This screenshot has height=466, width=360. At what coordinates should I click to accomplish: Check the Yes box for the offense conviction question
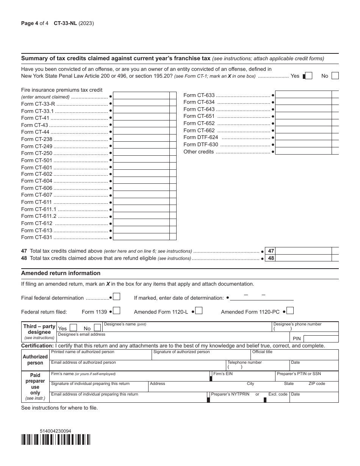coord(308,76)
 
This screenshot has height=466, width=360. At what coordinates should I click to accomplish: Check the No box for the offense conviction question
coord(335,76)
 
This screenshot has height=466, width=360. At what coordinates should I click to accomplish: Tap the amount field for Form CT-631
coord(141,237)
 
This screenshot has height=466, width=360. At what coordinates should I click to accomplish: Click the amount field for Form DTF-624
coord(303,137)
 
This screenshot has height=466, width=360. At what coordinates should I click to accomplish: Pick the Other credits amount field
coord(303,151)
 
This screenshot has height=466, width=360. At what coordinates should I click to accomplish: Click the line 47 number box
coord(271,251)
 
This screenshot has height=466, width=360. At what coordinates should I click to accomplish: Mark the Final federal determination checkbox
coord(117,297)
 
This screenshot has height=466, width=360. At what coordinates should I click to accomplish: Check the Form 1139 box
coord(117,311)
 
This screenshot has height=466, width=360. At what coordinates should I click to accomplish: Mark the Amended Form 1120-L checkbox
coord(199,311)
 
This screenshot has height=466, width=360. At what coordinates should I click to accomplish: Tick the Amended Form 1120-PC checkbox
coord(290,311)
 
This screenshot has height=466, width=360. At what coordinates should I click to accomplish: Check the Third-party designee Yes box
coord(74,328)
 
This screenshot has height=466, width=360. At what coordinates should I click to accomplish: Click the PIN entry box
coord(321,338)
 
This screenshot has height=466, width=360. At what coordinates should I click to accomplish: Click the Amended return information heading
coord(61,273)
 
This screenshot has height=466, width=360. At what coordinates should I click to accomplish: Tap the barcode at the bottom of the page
coord(56,439)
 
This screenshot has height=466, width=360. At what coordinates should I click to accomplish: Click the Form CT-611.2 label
coord(39,216)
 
